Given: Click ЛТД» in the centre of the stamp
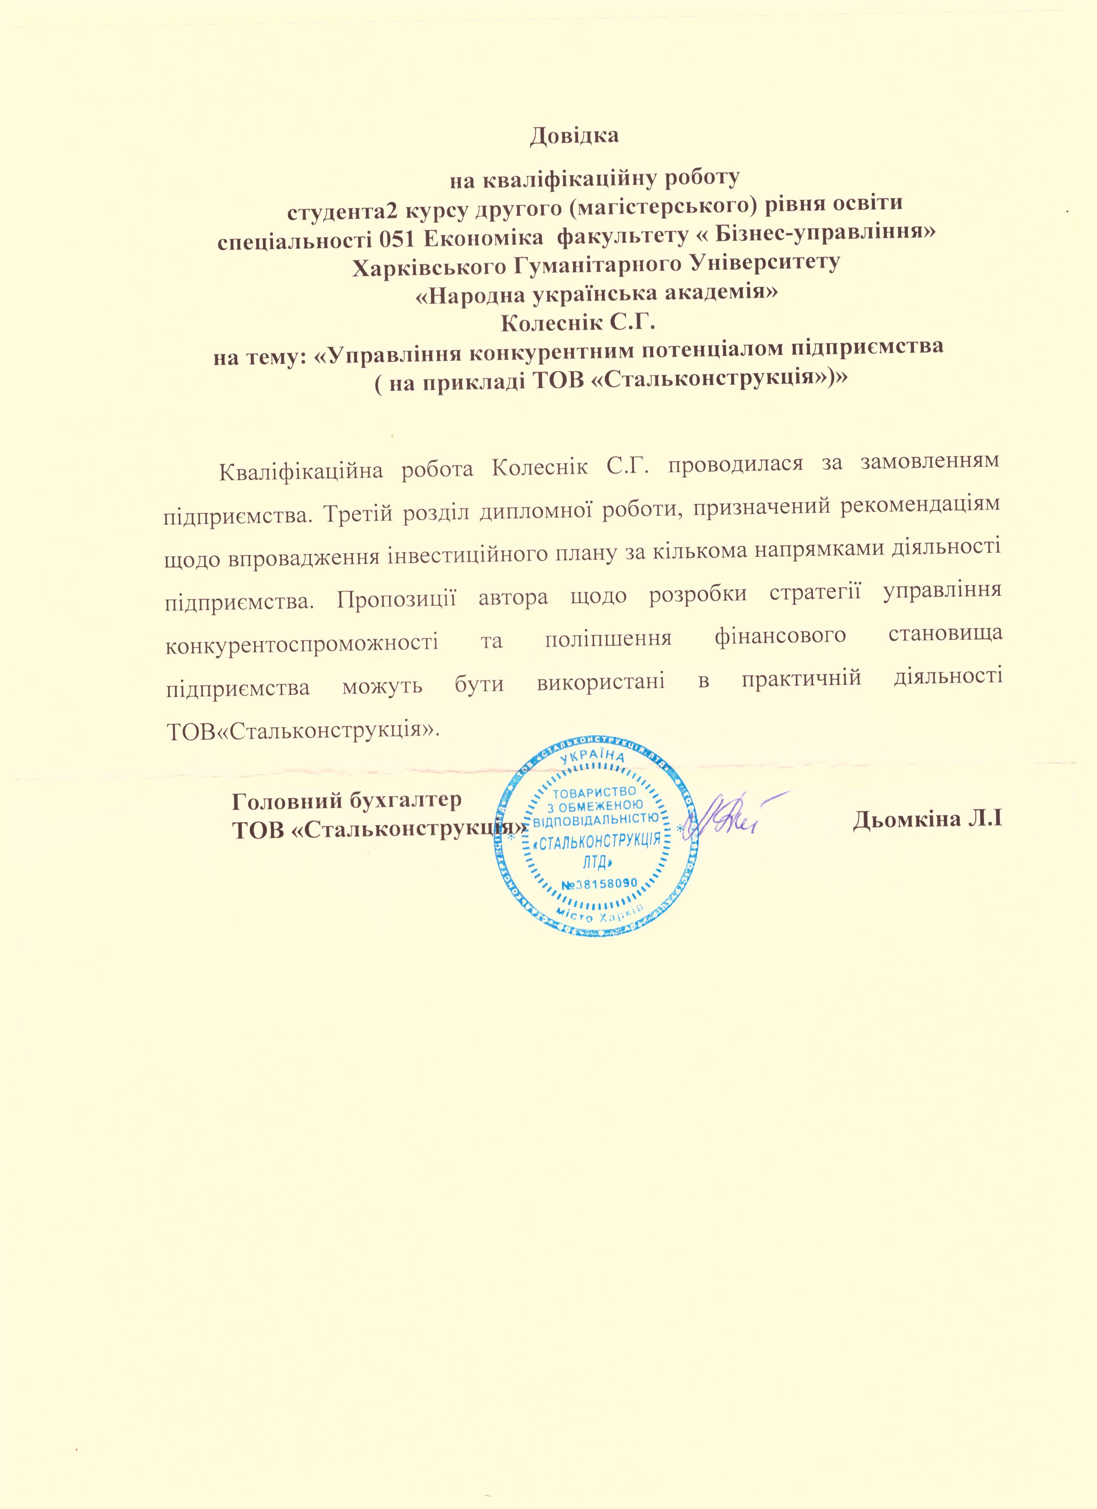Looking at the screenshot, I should click(x=596, y=863).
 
